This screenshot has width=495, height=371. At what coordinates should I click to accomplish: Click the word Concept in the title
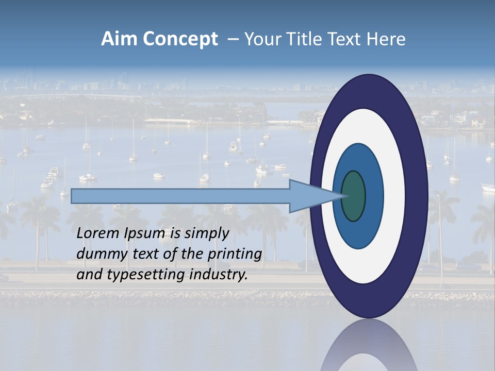(180, 40)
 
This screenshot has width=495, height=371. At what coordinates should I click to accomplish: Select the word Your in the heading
(261, 39)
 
